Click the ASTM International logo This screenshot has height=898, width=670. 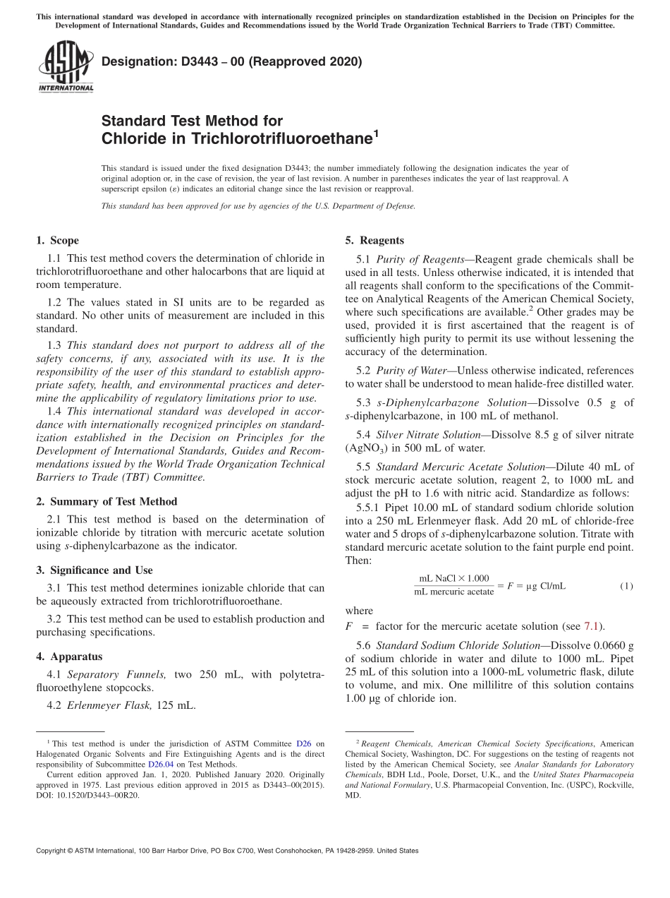(65, 66)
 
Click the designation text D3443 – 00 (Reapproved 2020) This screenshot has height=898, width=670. (231, 62)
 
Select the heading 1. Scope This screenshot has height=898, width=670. (58, 241)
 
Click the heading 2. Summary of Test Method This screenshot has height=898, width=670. (106, 501)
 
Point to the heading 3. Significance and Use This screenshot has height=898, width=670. (95, 570)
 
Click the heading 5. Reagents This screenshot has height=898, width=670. (374, 241)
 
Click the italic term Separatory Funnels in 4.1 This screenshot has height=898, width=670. (116, 675)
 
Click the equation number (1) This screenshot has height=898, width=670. (626, 586)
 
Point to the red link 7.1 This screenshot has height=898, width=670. (590, 626)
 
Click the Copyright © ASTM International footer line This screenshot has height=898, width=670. (226, 851)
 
